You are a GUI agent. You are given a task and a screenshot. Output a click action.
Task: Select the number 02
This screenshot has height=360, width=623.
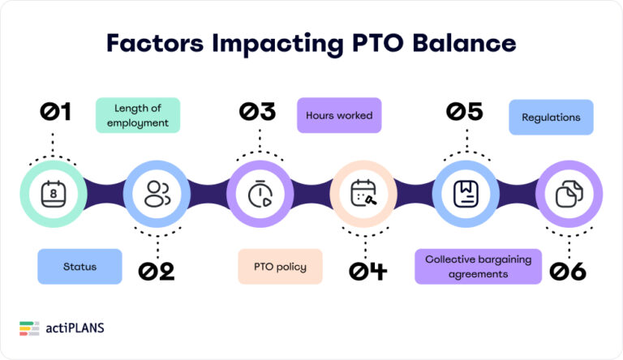[157, 271]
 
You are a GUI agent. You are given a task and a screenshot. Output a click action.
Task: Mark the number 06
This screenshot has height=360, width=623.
[568, 271]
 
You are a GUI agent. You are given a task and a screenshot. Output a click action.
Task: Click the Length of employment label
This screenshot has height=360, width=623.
[137, 115]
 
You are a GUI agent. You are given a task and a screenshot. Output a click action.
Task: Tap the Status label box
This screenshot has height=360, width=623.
[79, 267]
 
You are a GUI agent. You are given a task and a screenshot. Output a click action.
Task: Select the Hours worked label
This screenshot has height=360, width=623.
[339, 116]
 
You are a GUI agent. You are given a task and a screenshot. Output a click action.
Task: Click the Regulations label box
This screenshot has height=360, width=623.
[551, 118]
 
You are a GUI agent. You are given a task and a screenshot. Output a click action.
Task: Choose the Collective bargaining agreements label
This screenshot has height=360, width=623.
[478, 267]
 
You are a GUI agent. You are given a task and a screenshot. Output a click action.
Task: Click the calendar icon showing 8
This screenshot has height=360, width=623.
[53, 194]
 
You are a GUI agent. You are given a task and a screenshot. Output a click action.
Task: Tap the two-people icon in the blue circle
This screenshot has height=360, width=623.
[157, 194]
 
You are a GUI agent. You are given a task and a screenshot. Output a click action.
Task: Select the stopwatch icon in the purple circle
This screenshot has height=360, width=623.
[259, 194]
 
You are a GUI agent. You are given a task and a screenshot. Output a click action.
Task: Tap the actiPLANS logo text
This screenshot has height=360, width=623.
[75, 328]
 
